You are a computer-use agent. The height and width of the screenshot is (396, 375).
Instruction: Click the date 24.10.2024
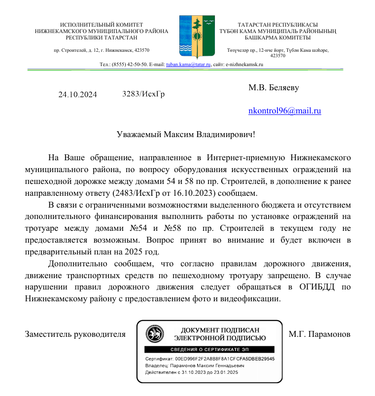coord(78,95)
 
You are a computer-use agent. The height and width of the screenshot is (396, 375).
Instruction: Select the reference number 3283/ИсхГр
coord(143,94)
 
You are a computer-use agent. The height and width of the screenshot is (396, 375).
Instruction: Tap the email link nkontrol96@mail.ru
coord(284,111)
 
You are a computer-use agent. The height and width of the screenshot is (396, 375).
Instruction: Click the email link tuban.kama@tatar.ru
coord(189,64)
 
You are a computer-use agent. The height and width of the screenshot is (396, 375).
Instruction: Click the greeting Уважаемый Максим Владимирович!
coord(186,134)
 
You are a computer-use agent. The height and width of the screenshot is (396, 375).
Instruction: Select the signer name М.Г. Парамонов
coord(319,334)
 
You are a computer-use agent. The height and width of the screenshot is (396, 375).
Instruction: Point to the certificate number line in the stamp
coord(209,359)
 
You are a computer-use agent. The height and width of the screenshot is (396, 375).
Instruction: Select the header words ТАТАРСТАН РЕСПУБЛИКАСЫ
coord(277,25)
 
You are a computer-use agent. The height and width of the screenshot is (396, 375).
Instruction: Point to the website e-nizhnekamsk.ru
coord(244,64)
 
